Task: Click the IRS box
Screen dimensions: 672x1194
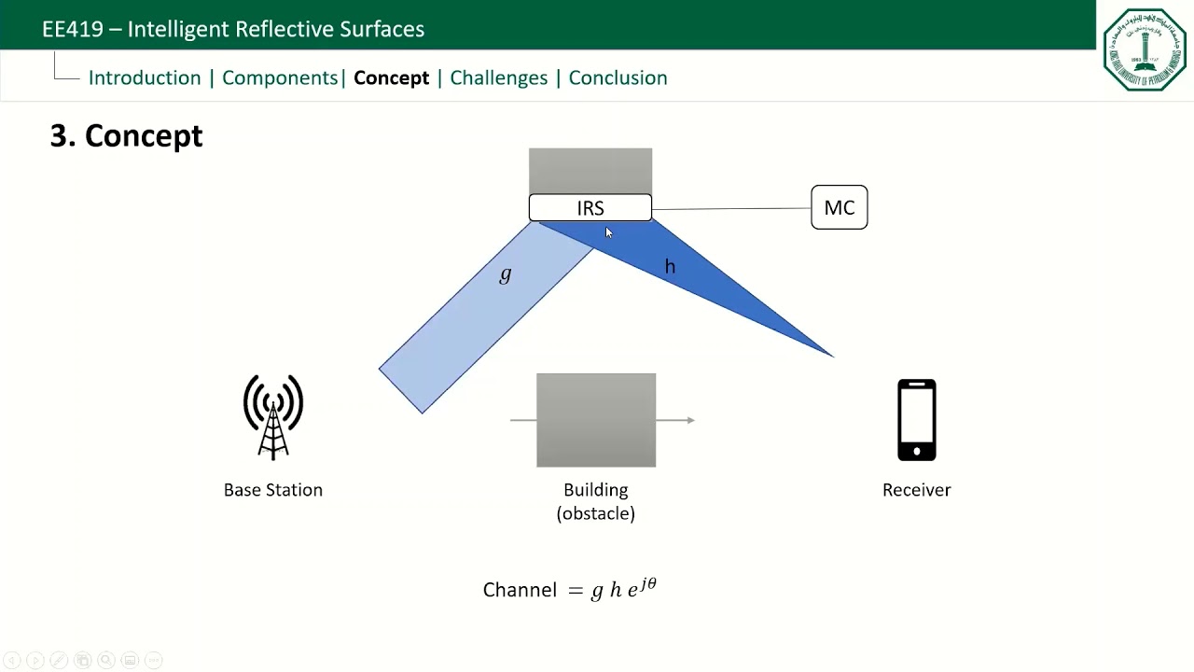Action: click(x=590, y=208)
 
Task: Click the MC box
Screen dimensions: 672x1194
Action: click(x=839, y=207)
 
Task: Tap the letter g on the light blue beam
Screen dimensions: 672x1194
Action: click(x=506, y=274)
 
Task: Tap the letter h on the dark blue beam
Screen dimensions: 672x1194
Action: click(x=670, y=267)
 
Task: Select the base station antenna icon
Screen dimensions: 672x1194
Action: click(x=273, y=417)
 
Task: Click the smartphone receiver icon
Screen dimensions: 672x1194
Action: click(x=916, y=420)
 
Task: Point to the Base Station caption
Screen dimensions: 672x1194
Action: click(x=273, y=490)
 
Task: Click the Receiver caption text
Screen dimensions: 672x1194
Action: click(x=916, y=490)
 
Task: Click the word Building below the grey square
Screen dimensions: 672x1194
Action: click(x=595, y=490)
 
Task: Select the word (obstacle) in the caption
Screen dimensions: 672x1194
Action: click(x=595, y=513)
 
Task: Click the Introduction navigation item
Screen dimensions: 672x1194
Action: click(x=145, y=78)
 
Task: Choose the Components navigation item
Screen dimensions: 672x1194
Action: click(x=280, y=78)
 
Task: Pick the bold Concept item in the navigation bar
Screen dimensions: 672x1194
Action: click(x=391, y=78)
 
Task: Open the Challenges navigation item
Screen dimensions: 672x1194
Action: click(x=498, y=78)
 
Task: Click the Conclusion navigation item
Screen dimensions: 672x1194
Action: click(x=618, y=78)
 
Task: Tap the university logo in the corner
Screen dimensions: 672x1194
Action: click(x=1145, y=49)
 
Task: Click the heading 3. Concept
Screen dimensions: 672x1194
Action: click(x=126, y=136)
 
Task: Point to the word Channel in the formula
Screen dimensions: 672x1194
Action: click(x=520, y=590)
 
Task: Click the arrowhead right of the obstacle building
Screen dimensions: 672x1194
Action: click(x=690, y=420)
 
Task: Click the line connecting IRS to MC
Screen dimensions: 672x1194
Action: click(x=731, y=209)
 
